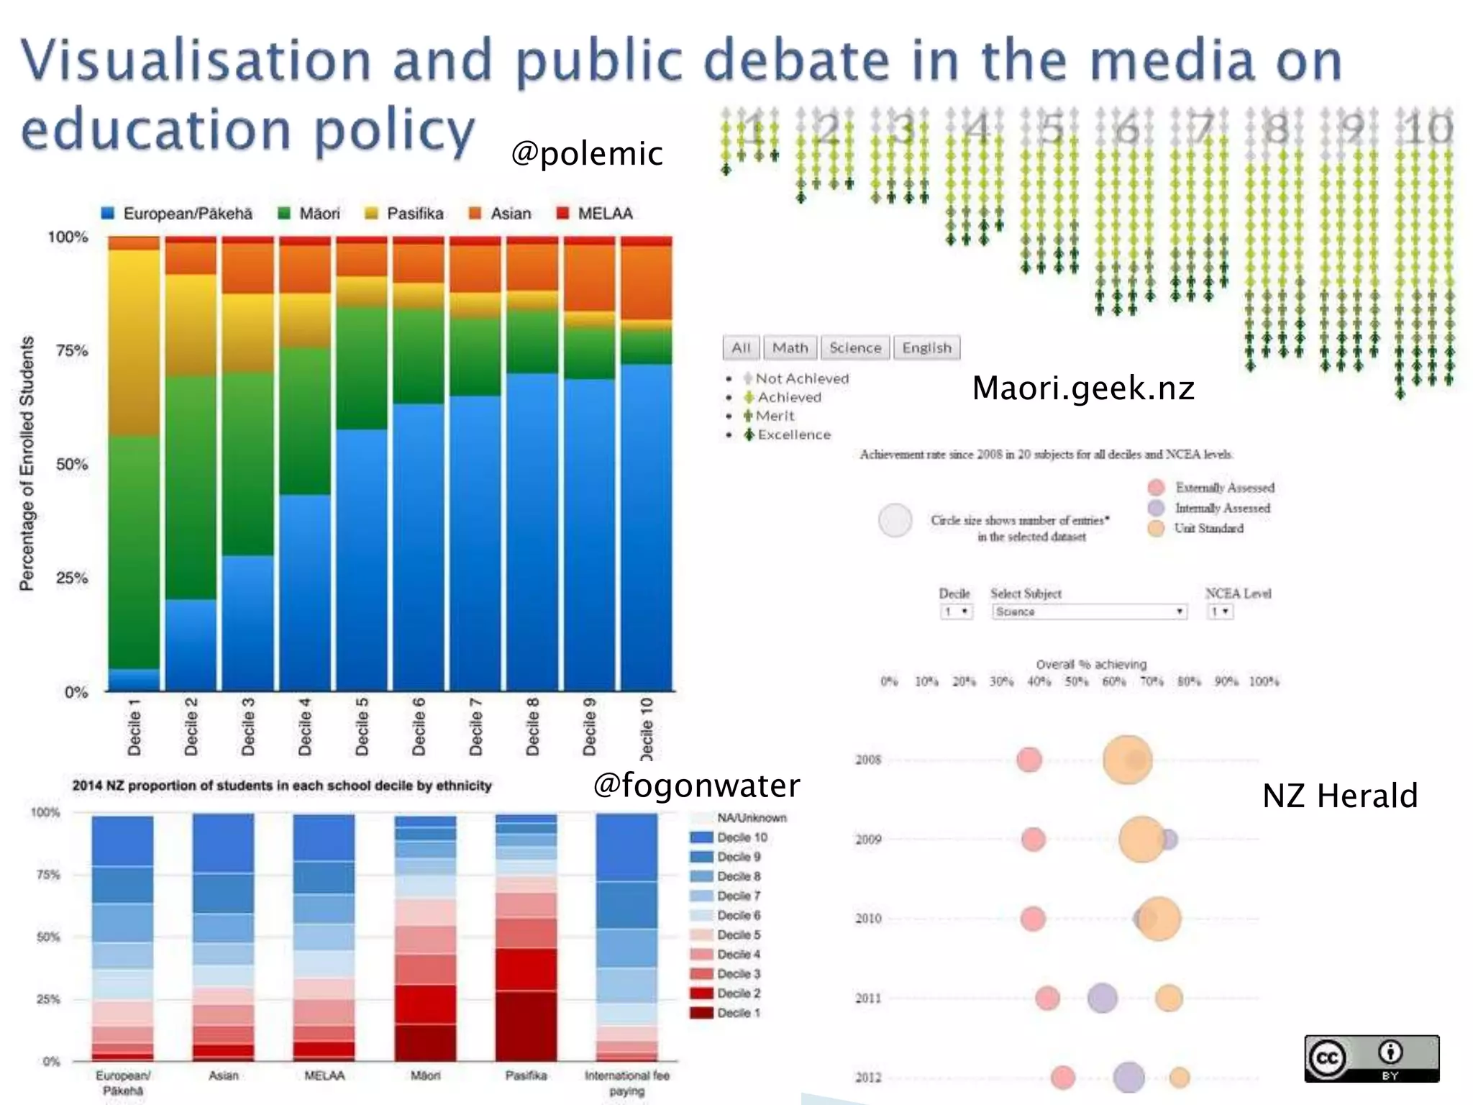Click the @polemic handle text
(x=586, y=153)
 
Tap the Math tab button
(x=790, y=348)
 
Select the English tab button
(x=926, y=348)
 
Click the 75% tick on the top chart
(x=71, y=351)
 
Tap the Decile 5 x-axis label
(x=362, y=726)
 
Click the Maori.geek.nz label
(x=1082, y=388)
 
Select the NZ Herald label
(x=1339, y=796)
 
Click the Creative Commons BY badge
(x=1371, y=1058)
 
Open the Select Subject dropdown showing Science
(x=1088, y=611)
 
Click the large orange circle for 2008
(x=1127, y=760)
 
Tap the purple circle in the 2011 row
(x=1102, y=998)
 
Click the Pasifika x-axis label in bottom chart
(x=526, y=1076)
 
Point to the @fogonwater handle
(x=696, y=785)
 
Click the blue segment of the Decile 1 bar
(x=134, y=680)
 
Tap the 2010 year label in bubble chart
(x=868, y=919)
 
